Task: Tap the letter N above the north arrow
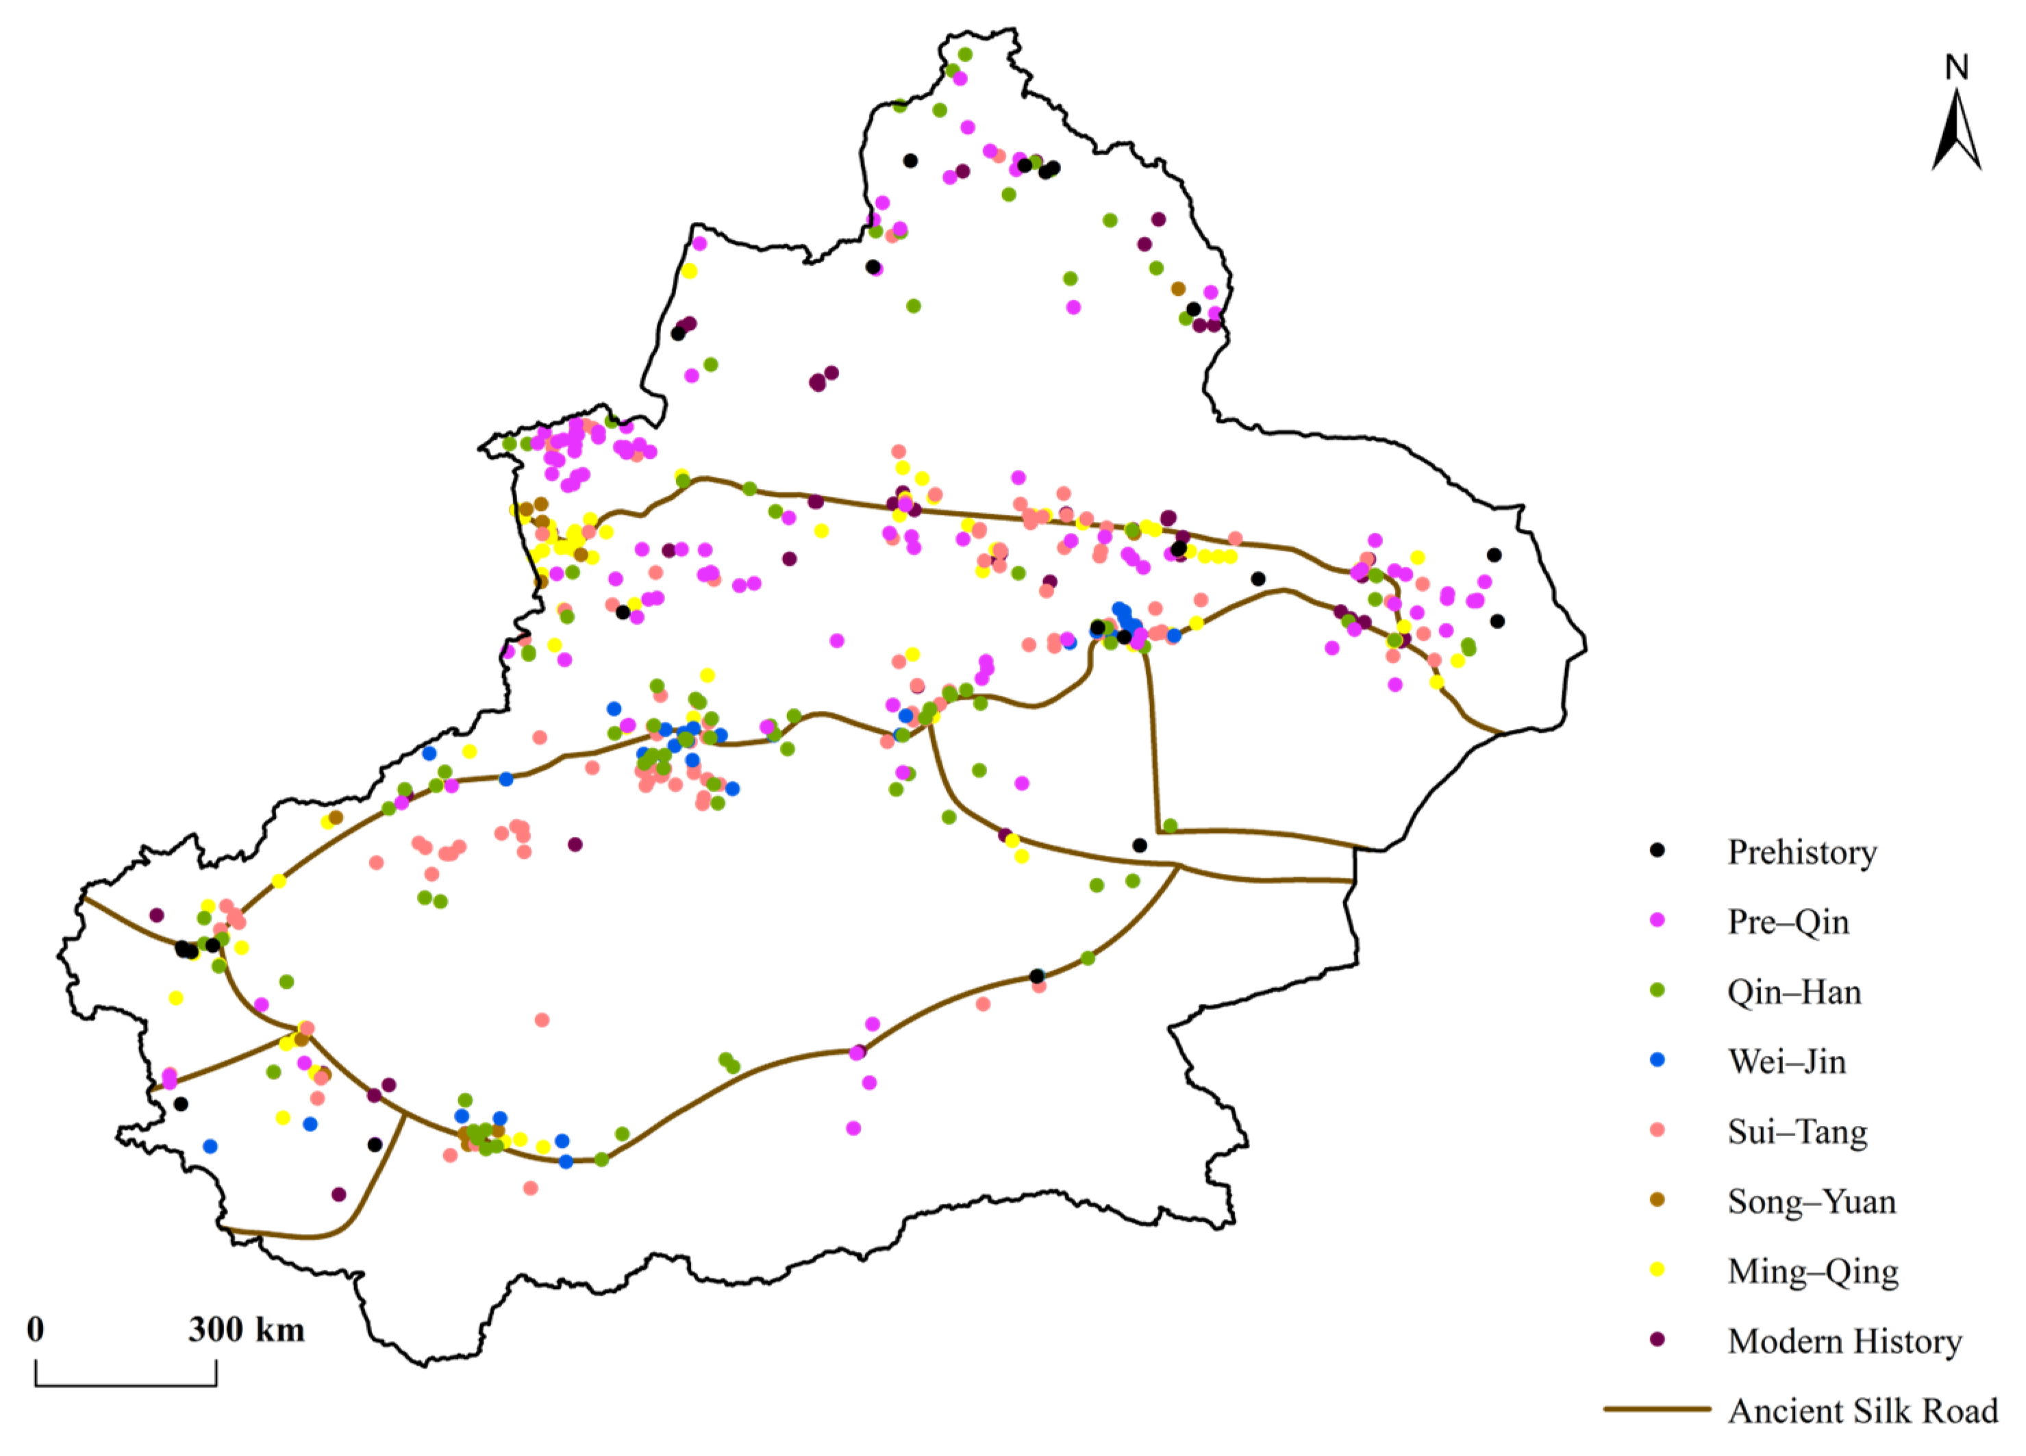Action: (x=1956, y=68)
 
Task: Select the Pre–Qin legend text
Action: (x=1788, y=922)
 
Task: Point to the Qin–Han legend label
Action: (x=1794, y=992)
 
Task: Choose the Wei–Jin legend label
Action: (x=1786, y=1062)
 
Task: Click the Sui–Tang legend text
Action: (x=1797, y=1132)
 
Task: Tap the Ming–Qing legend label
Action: (x=1812, y=1271)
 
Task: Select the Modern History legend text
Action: (x=1844, y=1341)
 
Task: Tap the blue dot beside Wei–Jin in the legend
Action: (x=1657, y=1060)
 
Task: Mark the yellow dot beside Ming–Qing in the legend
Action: (x=1657, y=1269)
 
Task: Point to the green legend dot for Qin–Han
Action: (x=1657, y=990)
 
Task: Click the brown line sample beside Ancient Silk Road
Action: (x=1657, y=1409)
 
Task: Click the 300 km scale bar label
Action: (x=247, y=1330)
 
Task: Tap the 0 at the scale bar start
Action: (x=36, y=1330)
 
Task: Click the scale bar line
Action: (x=126, y=1385)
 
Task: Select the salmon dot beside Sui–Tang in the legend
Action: (x=1657, y=1130)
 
